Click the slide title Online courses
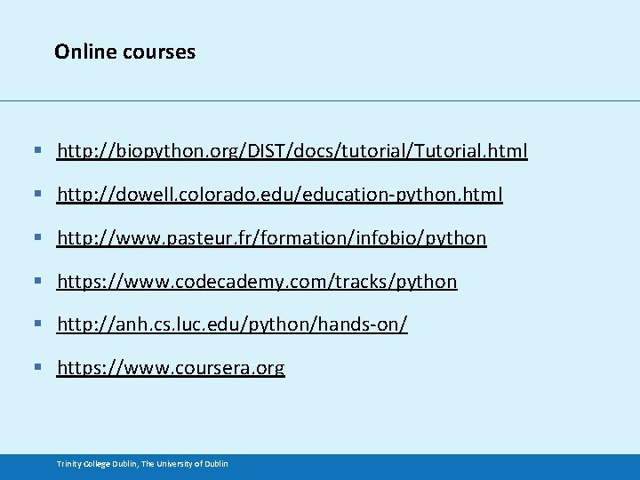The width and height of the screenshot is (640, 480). click(x=124, y=52)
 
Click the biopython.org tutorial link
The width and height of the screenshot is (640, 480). click(x=292, y=151)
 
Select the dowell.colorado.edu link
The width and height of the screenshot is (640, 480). click(x=279, y=195)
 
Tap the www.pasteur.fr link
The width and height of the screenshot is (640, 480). click(x=271, y=238)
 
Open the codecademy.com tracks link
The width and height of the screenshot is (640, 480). click(x=257, y=282)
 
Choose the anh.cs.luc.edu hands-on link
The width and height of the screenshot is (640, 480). click(x=232, y=325)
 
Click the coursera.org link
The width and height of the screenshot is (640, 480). click(x=171, y=368)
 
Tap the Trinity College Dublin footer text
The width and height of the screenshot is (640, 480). click(x=142, y=464)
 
